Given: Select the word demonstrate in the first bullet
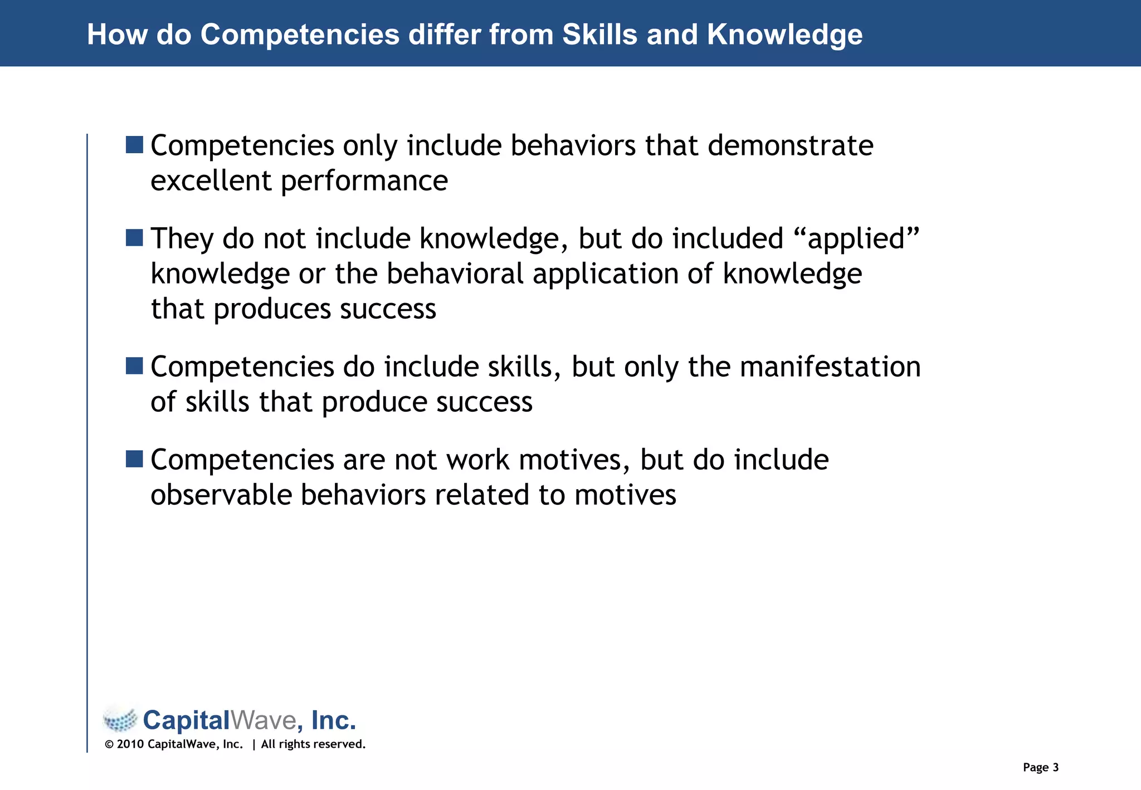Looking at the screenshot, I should tap(790, 146).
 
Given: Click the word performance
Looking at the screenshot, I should tap(364, 182).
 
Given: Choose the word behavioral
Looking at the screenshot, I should tap(455, 274).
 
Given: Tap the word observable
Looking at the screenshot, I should tap(221, 495).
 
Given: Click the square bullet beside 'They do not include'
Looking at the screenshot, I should tap(134, 238).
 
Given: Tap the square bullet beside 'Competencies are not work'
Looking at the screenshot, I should tap(134, 459).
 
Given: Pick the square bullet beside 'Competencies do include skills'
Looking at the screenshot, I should tap(134, 366).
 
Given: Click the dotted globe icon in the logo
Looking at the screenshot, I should tap(120, 720).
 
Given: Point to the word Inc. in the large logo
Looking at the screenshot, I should tap(333, 720).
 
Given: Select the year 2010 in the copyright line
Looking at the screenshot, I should tap(130, 744).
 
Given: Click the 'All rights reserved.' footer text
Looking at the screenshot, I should tap(313, 744).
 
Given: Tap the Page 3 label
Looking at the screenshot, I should tap(1040, 768).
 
